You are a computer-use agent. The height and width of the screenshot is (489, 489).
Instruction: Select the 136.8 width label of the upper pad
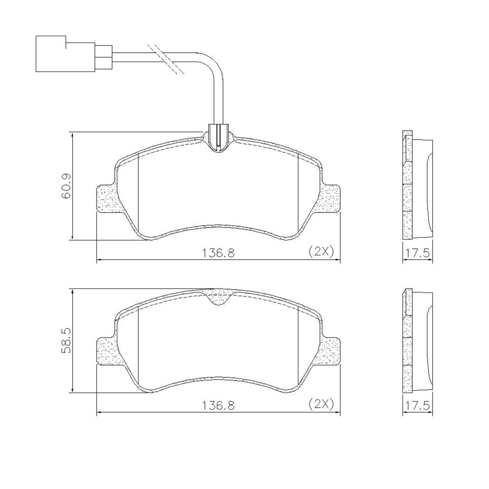point(219,252)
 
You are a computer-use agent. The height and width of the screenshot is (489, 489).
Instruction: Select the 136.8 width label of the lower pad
point(219,405)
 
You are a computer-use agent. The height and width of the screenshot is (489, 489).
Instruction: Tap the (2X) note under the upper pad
point(321,251)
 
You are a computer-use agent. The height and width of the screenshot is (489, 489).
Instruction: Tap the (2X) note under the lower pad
point(321,404)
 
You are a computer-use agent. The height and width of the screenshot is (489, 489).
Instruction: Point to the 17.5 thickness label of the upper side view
point(417,253)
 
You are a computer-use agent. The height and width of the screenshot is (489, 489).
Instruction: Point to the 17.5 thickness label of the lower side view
point(417,405)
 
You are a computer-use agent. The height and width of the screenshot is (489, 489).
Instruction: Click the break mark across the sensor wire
point(166,59)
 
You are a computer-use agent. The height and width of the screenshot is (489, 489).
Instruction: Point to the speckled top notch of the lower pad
point(219,296)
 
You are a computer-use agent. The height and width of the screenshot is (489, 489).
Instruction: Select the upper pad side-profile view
point(417,186)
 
